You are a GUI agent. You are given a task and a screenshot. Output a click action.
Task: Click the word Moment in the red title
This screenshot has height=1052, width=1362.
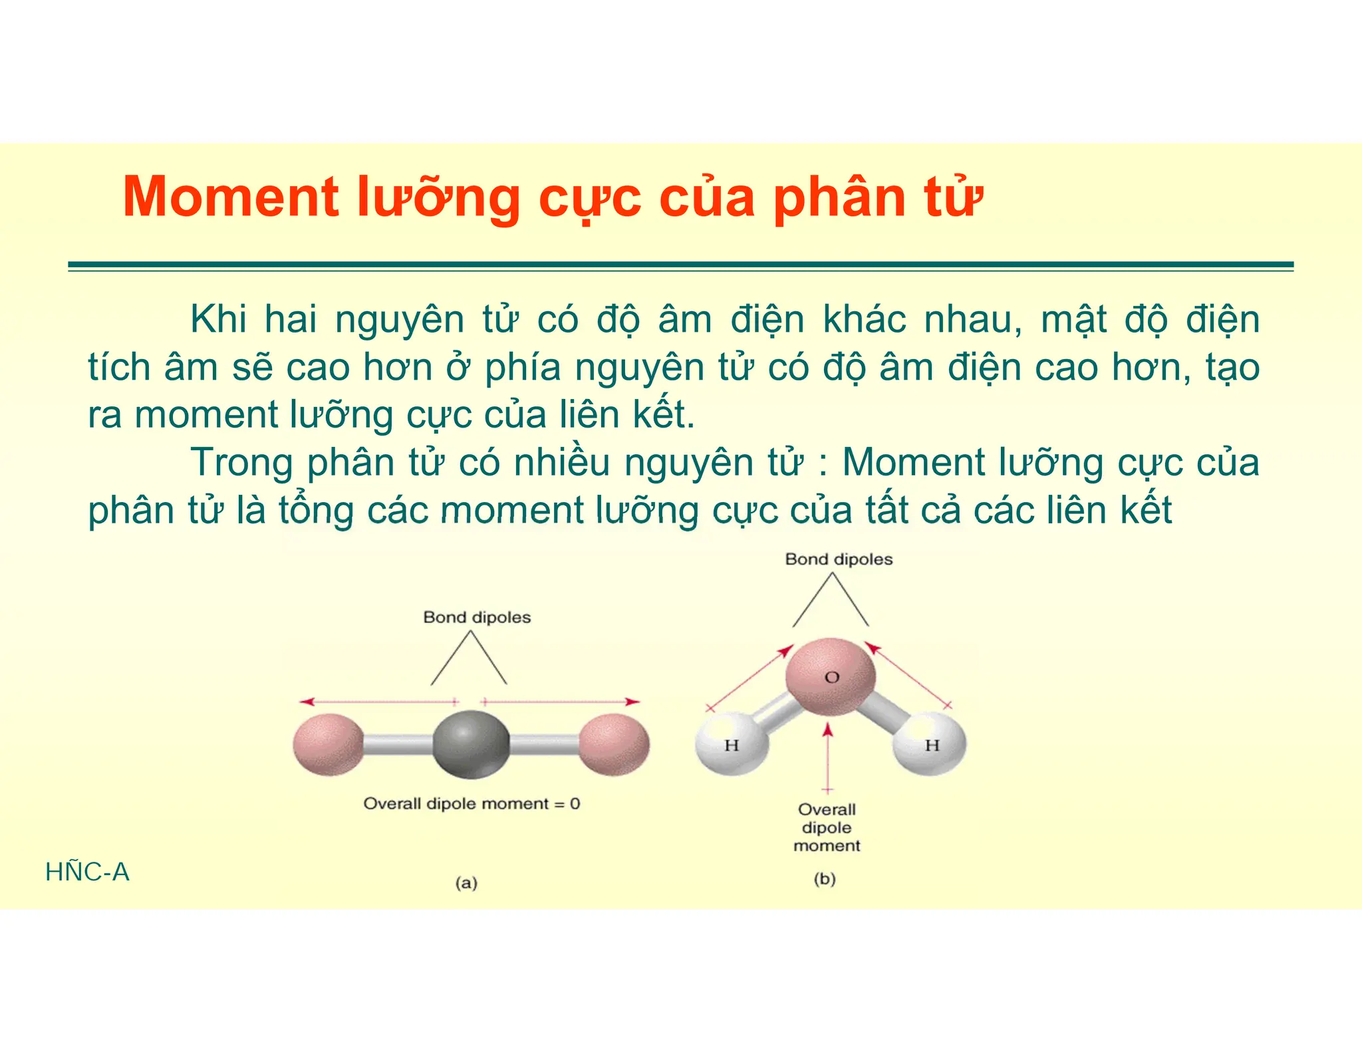[x=231, y=197]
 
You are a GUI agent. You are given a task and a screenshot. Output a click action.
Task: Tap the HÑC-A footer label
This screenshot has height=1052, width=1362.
[x=87, y=872]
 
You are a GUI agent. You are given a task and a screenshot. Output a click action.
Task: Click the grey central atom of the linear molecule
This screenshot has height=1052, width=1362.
[x=471, y=744]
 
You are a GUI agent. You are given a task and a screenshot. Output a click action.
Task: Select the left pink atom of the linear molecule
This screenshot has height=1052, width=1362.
[x=329, y=745]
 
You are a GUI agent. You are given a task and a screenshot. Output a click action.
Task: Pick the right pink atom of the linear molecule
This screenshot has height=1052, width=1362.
[x=614, y=745]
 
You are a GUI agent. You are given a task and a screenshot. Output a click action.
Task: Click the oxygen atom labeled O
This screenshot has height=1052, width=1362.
[x=831, y=676]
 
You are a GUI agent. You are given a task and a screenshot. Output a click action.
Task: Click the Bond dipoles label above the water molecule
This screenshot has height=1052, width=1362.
[x=839, y=559]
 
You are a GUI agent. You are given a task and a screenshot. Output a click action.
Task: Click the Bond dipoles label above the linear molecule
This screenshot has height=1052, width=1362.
[x=477, y=617]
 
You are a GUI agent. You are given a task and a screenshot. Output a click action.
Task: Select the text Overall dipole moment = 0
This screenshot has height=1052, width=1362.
[x=472, y=803]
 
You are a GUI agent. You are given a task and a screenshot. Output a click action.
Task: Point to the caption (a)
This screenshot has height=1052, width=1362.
[x=466, y=883]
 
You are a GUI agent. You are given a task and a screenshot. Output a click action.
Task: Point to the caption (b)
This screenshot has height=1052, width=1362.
[x=825, y=879]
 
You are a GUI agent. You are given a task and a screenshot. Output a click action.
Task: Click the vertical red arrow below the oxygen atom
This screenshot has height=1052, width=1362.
[x=827, y=758]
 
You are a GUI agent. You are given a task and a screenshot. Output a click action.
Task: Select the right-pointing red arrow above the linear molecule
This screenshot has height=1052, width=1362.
[x=562, y=702]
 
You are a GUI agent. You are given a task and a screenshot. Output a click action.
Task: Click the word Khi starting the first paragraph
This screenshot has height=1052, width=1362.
[x=218, y=319]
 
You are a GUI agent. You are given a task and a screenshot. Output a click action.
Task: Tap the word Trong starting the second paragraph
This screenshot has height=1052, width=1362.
[x=241, y=462]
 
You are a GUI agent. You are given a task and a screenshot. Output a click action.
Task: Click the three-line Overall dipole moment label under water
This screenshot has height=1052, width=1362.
[x=827, y=828]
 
